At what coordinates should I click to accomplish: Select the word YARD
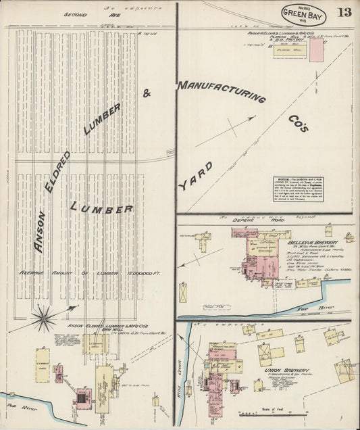click(x=196, y=175)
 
